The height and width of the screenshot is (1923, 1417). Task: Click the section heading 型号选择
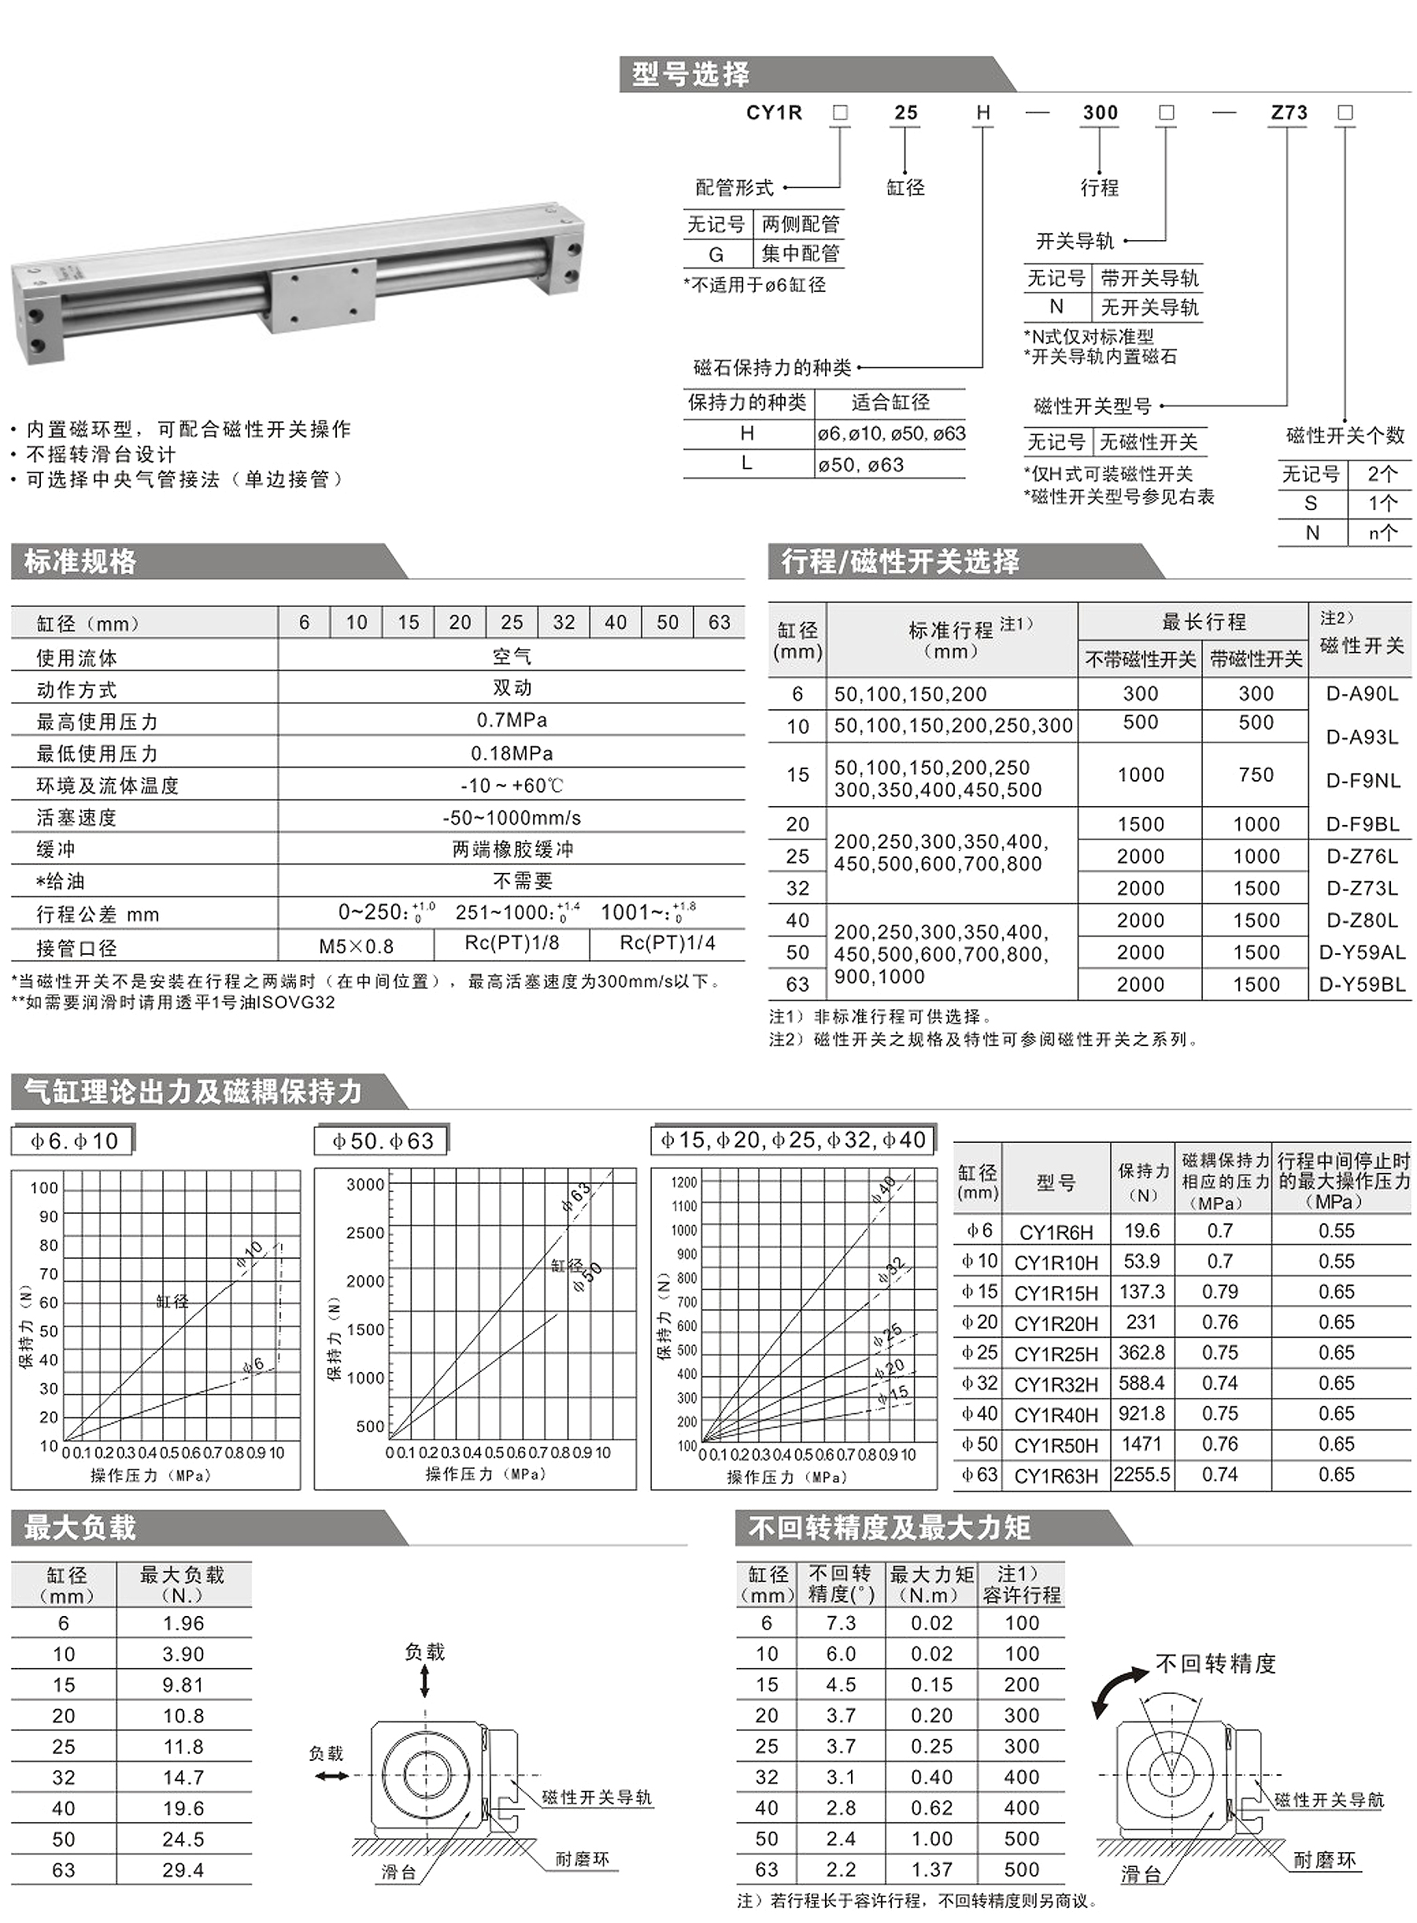coord(690,75)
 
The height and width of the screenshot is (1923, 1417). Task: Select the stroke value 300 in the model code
coord(1100,113)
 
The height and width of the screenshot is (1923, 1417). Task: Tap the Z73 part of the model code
coord(1289,113)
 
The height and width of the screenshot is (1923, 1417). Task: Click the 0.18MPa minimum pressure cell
coord(511,753)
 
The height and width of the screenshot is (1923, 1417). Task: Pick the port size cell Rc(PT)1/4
coord(667,944)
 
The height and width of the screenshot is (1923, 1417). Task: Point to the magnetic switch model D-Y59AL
coord(1361,952)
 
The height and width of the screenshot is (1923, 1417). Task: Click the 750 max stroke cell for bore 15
coord(1256,775)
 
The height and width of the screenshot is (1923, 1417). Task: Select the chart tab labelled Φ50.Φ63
coord(383,1141)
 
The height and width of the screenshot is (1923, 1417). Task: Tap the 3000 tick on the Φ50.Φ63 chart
coord(365,1185)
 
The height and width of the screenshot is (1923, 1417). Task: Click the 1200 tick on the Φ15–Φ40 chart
coord(683,1182)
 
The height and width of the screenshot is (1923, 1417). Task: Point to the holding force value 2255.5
coord(1141,1474)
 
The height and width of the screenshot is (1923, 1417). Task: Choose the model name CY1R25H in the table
coord(1056,1353)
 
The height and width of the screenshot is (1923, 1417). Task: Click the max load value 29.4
coord(183,1869)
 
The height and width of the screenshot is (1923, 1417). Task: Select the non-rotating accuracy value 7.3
coord(841,1623)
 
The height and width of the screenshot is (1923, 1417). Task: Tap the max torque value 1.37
coord(931,1869)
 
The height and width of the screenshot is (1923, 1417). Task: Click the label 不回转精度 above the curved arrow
coord(1215,1664)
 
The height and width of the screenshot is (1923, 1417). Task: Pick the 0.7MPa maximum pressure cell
coord(511,720)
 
